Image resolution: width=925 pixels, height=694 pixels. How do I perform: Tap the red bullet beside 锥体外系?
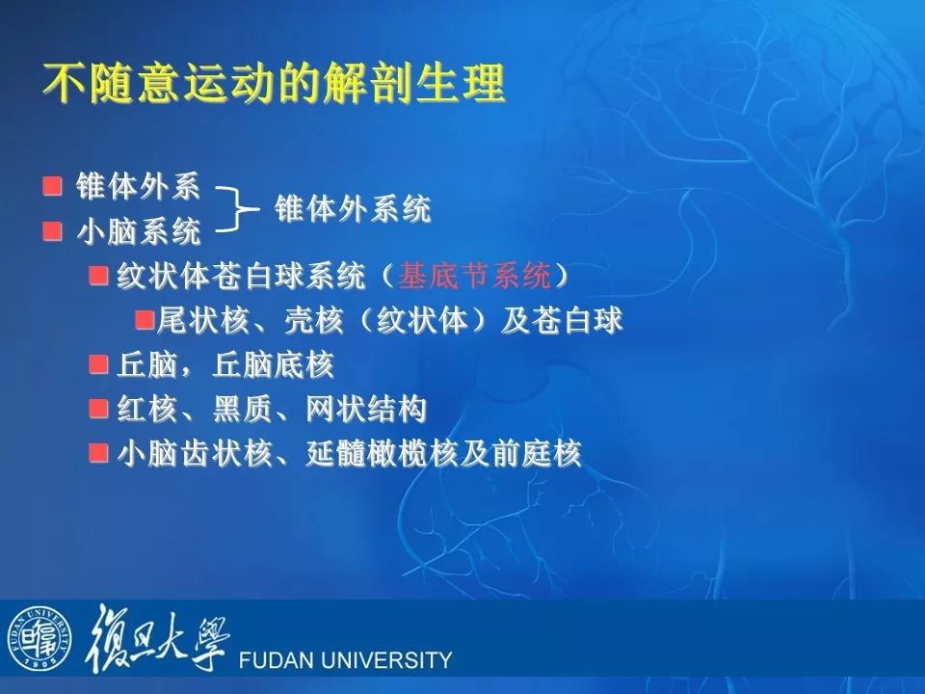coord(52,186)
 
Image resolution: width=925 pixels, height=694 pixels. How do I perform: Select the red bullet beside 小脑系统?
coord(52,230)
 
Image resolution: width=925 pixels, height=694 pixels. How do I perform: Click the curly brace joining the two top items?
coord(237,208)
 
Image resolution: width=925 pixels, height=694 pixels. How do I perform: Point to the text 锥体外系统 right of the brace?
coord(353,209)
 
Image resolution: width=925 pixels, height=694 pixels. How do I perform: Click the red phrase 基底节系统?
coord(474,276)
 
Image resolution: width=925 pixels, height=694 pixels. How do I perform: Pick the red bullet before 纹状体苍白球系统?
coord(98,276)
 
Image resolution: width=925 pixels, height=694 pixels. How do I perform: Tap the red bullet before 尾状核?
coord(145,320)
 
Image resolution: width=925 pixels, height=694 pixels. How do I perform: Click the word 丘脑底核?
coord(273,364)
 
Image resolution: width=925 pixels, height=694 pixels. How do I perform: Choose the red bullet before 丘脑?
coord(98,364)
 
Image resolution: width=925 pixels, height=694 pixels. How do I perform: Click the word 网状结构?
coord(366,409)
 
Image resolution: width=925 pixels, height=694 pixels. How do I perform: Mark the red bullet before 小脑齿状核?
coord(98,453)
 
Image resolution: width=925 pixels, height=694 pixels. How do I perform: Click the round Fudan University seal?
coord(40,638)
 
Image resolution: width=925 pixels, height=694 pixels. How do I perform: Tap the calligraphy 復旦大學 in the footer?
coord(157,638)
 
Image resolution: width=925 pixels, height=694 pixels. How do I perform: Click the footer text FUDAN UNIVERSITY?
coord(345,659)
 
